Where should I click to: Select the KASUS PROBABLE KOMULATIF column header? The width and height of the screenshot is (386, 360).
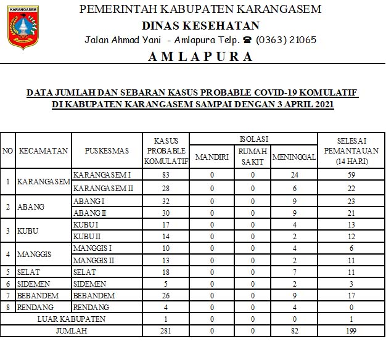(x=165, y=150)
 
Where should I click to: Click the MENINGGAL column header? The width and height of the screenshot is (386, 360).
(x=294, y=157)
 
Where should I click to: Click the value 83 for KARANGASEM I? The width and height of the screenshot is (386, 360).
(x=165, y=176)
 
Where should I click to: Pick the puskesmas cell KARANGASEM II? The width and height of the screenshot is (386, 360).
(x=104, y=187)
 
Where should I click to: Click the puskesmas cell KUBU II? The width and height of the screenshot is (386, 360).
(x=86, y=236)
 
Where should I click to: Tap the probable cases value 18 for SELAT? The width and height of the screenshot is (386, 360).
(x=165, y=272)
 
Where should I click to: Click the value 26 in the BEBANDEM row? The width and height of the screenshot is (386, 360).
(x=165, y=295)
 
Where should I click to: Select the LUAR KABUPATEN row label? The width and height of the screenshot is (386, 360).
(x=71, y=319)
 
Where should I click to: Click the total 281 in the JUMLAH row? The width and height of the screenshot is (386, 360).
(x=165, y=331)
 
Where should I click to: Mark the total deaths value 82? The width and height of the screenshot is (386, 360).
(x=294, y=331)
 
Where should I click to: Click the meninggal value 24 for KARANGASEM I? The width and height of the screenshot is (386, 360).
(x=294, y=176)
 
